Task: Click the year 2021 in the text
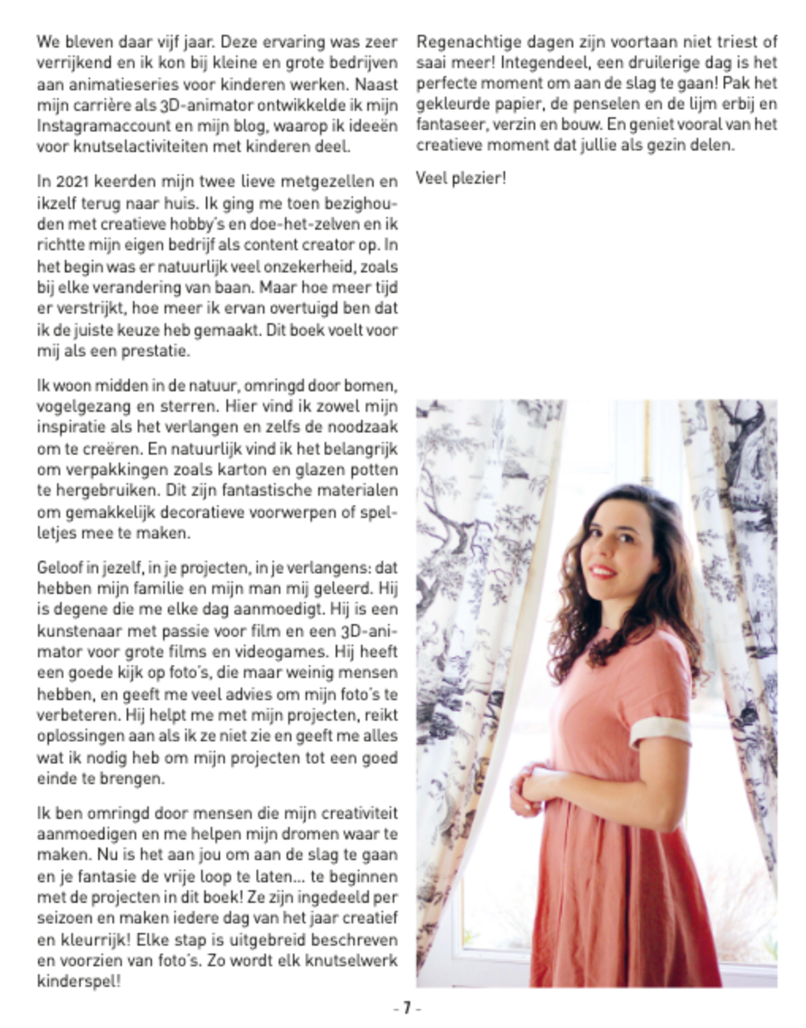(x=68, y=183)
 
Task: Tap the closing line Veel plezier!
(x=460, y=178)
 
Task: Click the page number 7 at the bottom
(x=406, y=1009)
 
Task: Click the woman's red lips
(x=603, y=570)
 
